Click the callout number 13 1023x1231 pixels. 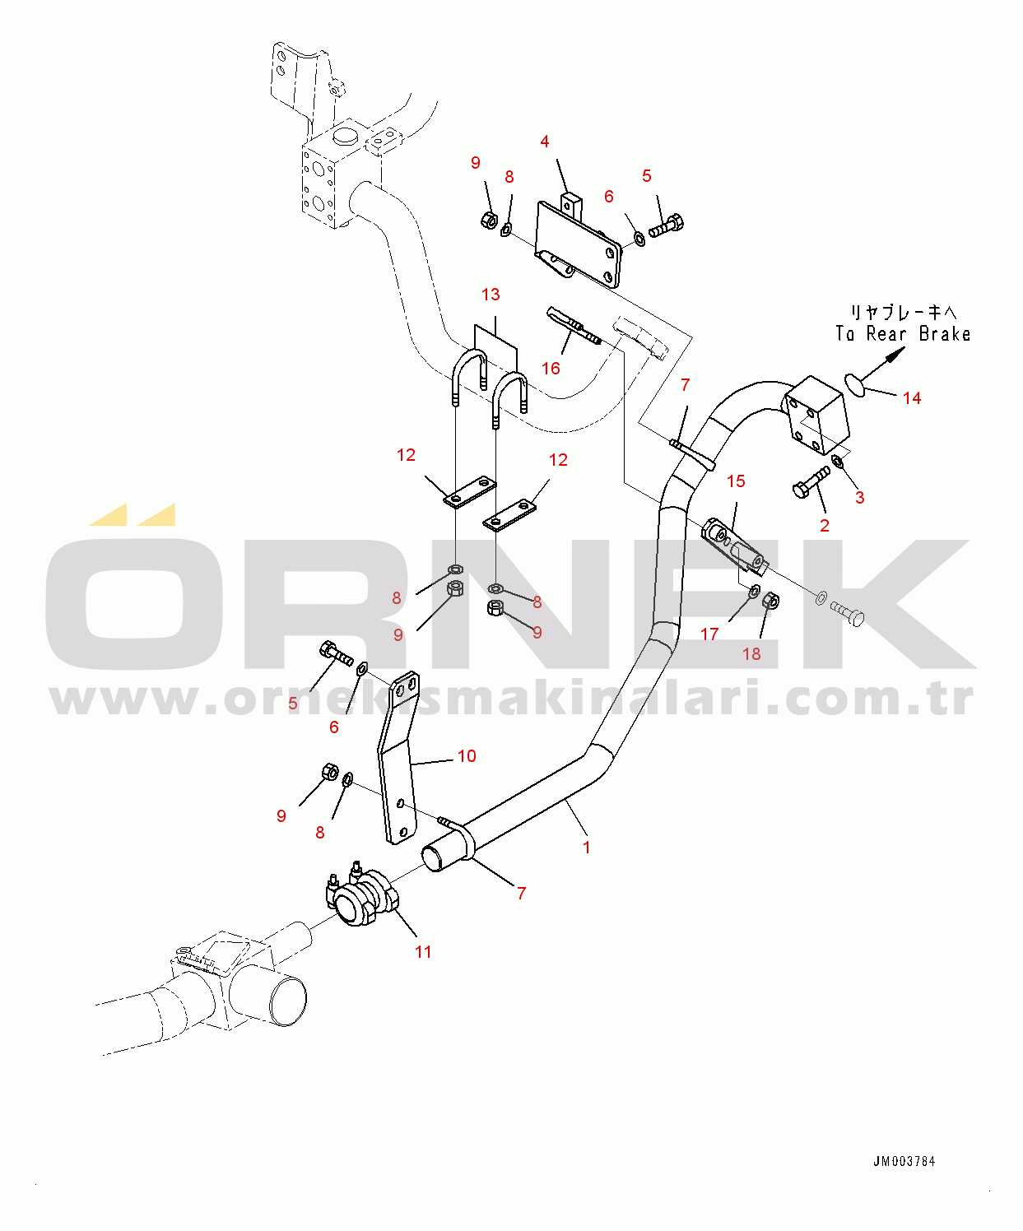tap(491, 295)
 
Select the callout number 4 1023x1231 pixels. tap(545, 142)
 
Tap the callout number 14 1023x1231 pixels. tap(912, 398)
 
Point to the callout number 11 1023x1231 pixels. tap(423, 952)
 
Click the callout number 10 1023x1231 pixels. tap(467, 756)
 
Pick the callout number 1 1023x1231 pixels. tap(587, 848)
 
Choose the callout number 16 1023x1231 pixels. tap(551, 369)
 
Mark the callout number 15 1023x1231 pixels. tap(736, 481)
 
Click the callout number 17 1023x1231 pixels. tap(709, 634)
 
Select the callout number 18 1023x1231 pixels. tap(751, 654)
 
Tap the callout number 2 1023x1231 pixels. tap(825, 526)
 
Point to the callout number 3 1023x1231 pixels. tap(860, 498)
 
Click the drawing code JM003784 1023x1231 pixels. tap(904, 1162)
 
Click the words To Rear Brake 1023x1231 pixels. tap(903, 334)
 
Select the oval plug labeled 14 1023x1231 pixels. tap(856, 383)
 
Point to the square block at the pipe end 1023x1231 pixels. tap(816, 416)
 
